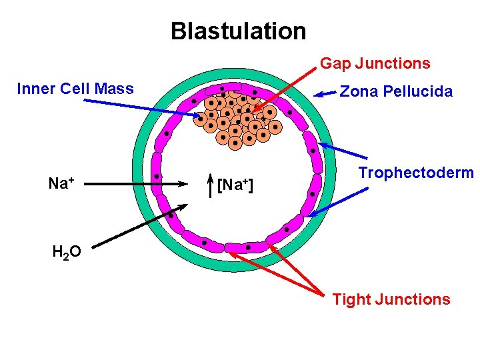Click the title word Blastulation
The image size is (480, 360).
coord(238,31)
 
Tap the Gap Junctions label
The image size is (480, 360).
coord(375,64)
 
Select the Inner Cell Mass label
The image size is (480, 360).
coord(75,89)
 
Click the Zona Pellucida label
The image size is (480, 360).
coord(396,91)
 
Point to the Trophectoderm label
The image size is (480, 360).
coord(415,173)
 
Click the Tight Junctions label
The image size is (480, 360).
coord(391,299)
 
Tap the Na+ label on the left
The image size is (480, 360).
coord(61,183)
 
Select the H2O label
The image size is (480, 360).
coord(67,251)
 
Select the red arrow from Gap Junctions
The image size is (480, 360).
coord(283,87)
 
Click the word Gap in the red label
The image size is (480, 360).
coord(335,64)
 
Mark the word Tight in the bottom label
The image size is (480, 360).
coord(351,299)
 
